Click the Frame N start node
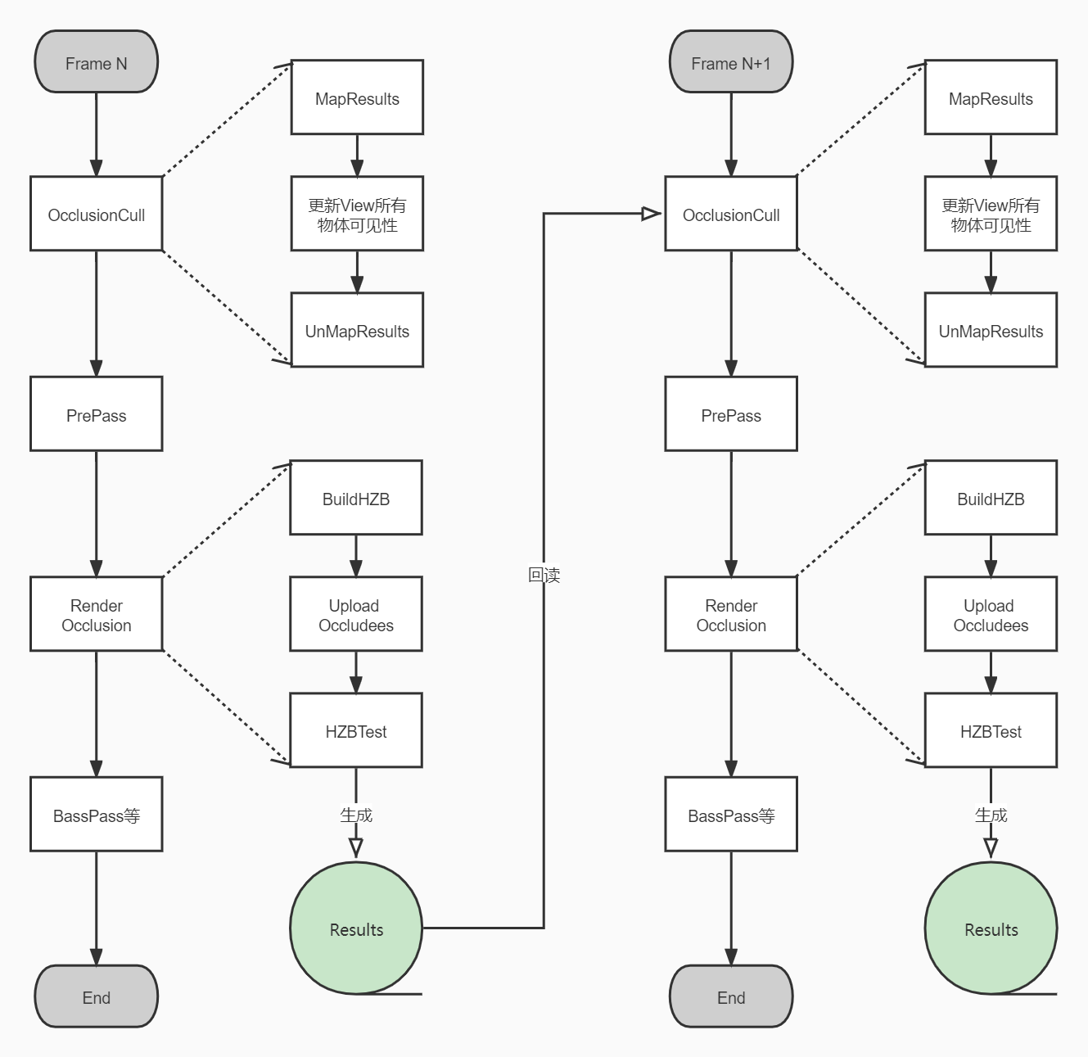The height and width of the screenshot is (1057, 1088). point(96,62)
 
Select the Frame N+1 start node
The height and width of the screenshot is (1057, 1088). point(730,62)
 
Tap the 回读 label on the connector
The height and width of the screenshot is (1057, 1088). point(544,575)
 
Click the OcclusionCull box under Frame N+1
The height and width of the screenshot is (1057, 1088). point(730,214)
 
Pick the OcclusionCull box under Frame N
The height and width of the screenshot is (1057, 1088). point(96,214)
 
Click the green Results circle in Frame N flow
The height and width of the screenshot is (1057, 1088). point(356,928)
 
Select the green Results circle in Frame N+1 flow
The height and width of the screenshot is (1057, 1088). point(991,928)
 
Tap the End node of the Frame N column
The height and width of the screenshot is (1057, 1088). point(96,996)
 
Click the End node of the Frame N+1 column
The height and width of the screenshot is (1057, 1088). point(730,996)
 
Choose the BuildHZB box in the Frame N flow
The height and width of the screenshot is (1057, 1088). point(356,498)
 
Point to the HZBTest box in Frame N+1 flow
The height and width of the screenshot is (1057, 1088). point(991,730)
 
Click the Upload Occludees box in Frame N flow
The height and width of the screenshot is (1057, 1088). point(356,614)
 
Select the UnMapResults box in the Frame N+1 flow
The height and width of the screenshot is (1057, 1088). point(991,330)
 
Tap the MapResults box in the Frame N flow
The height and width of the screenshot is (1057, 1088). point(357,97)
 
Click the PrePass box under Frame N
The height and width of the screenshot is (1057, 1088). point(96,414)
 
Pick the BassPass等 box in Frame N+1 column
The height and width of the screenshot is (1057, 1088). point(730,815)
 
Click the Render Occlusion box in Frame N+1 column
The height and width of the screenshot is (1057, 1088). point(730,614)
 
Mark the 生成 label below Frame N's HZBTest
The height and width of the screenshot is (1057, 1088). point(356,815)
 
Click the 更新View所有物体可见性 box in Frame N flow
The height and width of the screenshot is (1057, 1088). point(357,214)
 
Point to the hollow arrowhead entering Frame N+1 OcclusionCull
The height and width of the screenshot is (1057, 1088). point(652,214)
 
